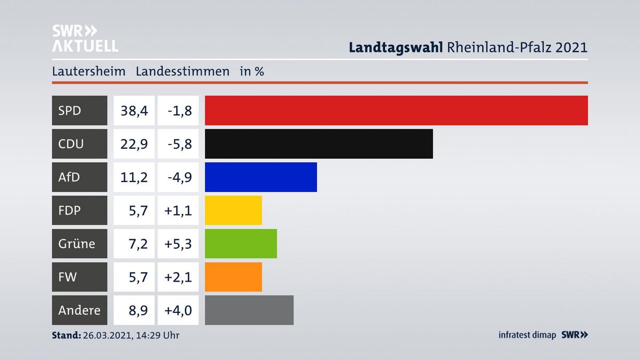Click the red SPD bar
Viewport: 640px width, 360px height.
(x=396, y=110)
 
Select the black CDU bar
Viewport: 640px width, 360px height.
(x=319, y=144)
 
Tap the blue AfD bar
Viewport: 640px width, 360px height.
(x=261, y=177)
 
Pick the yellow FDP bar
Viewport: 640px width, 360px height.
(x=233, y=210)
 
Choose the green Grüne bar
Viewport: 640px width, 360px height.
(x=241, y=244)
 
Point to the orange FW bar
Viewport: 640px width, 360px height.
(x=233, y=277)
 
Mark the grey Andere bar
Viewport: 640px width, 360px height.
(x=249, y=310)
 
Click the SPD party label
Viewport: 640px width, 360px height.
(x=70, y=110)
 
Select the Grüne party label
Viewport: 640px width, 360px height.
(x=76, y=244)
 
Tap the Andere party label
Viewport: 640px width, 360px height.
(x=79, y=310)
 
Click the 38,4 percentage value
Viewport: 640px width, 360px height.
(x=134, y=110)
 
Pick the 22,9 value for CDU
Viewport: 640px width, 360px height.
(x=134, y=144)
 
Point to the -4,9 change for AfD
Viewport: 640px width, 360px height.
(x=180, y=177)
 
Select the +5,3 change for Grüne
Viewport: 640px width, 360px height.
(x=178, y=244)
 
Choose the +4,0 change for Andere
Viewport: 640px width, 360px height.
(x=178, y=310)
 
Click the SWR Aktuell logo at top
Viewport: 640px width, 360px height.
(x=84, y=38)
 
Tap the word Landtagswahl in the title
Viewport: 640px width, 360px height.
(x=395, y=47)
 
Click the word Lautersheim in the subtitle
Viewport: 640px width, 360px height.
(x=88, y=71)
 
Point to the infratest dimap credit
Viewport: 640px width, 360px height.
(x=527, y=335)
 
